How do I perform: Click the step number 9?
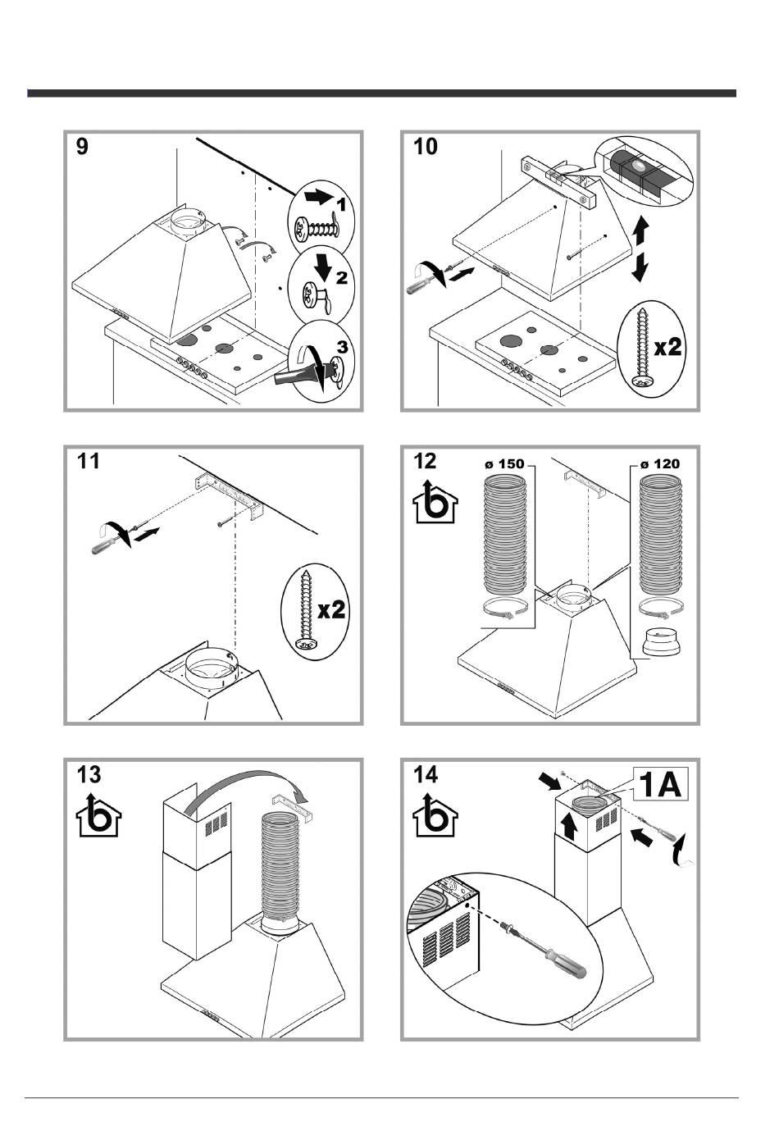[82, 147]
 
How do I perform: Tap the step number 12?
[426, 461]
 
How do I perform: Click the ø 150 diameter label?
[503, 464]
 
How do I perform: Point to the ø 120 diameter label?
[660, 464]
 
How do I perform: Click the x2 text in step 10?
[667, 346]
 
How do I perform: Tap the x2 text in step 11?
[332, 609]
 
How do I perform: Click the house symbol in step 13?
[96, 815]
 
